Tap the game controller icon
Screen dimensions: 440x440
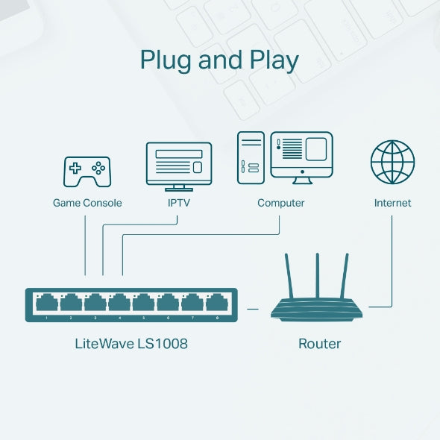click(87, 171)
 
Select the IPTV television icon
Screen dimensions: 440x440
click(178, 166)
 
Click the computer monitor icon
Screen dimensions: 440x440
click(301, 157)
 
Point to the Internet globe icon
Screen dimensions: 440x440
click(392, 162)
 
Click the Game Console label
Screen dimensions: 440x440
click(87, 203)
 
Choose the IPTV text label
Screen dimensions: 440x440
click(178, 203)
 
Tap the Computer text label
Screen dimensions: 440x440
click(281, 203)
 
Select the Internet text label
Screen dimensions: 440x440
click(392, 203)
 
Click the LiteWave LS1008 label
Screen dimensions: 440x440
click(131, 344)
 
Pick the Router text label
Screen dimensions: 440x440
click(319, 344)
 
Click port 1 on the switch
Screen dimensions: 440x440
click(47, 303)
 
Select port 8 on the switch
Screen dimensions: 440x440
click(216, 303)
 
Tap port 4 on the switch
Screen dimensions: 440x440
click(119, 303)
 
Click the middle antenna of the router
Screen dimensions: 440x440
click(318, 274)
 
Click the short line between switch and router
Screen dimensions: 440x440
click(252, 307)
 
